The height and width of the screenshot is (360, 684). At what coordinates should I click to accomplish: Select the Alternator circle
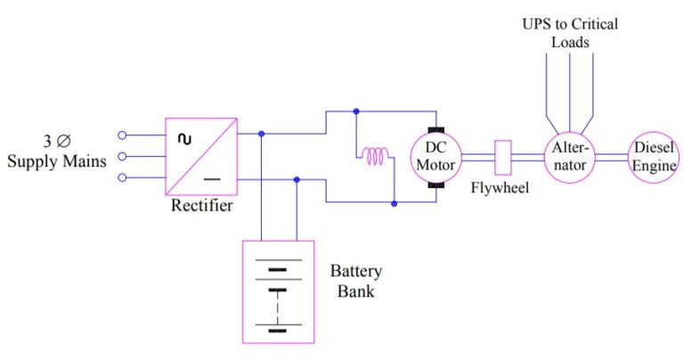pyautogui.click(x=569, y=158)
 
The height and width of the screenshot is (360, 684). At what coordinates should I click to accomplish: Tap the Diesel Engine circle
pyautogui.click(x=654, y=158)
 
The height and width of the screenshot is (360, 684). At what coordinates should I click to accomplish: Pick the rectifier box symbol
pyautogui.click(x=200, y=157)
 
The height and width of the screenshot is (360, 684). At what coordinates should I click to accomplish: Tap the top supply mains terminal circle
pyautogui.click(x=123, y=136)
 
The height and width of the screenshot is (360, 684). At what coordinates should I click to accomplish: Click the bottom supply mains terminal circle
pyautogui.click(x=123, y=177)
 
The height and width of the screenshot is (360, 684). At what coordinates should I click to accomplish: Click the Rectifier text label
pyautogui.click(x=202, y=207)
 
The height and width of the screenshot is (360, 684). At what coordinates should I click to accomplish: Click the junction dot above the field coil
pyautogui.click(x=356, y=112)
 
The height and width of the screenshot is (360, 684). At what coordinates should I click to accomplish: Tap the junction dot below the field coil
pyautogui.click(x=395, y=203)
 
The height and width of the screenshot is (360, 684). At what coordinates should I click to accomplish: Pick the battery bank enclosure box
pyautogui.click(x=278, y=291)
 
